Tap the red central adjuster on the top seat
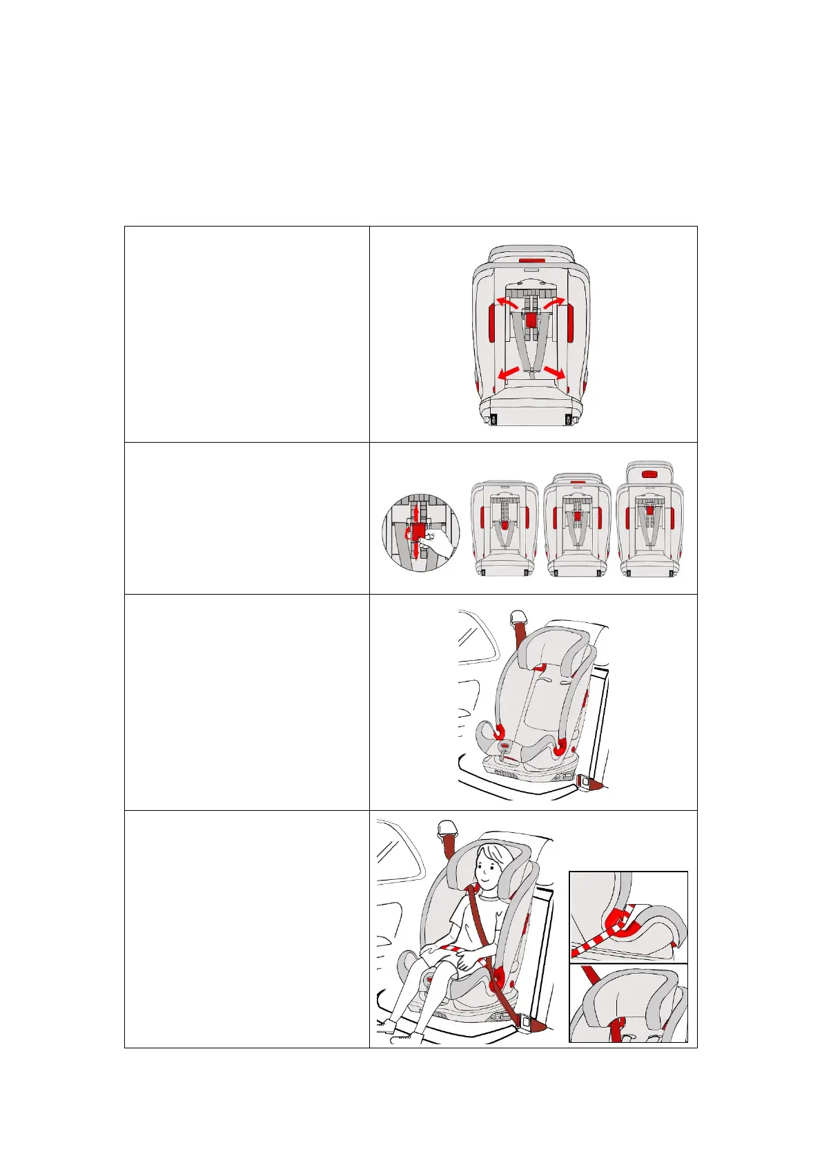[x=531, y=320]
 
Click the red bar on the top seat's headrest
[x=530, y=262]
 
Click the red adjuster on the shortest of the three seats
[x=505, y=525]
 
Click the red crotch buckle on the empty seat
[x=506, y=746]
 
